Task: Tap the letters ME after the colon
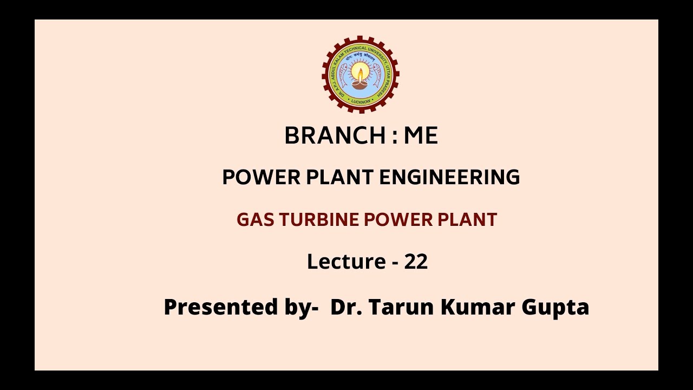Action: point(421,135)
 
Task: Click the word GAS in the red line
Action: point(251,219)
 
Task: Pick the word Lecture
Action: point(346,262)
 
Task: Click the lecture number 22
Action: point(416,262)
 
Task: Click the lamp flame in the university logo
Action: point(360,70)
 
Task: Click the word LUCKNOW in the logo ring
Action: point(360,101)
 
